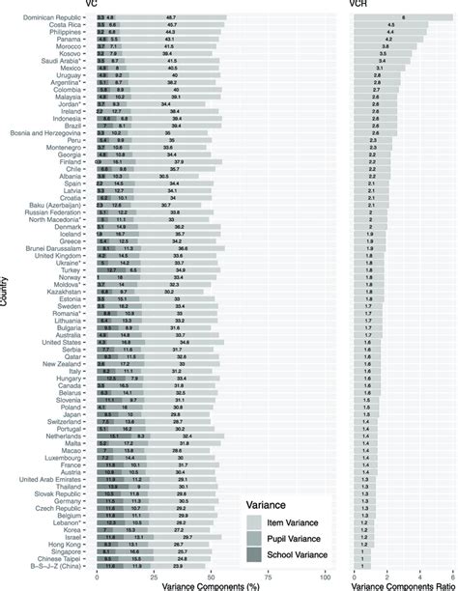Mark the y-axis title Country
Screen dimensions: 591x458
click(x=7, y=290)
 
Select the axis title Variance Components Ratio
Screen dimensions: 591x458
click(x=399, y=584)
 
